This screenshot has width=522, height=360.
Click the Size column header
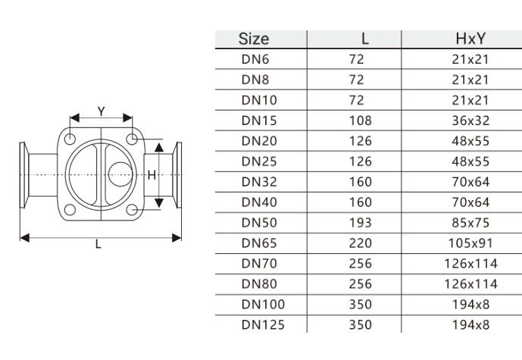click(x=254, y=39)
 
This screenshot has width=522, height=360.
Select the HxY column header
click(x=470, y=39)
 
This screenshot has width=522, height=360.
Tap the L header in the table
click(x=365, y=39)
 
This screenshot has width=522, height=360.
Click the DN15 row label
click(x=259, y=121)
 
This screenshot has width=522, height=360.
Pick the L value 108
click(x=360, y=121)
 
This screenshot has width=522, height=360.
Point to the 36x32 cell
click(x=470, y=121)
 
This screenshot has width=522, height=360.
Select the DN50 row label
click(x=259, y=223)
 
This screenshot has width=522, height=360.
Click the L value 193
click(x=360, y=223)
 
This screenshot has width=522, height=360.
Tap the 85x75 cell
click(x=470, y=223)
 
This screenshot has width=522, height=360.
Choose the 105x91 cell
click(x=470, y=243)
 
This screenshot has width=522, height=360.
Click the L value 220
click(x=360, y=243)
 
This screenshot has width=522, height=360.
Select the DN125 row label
click(x=263, y=324)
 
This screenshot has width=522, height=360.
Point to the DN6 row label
click(x=255, y=59)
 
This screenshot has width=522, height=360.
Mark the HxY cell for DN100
click(x=470, y=305)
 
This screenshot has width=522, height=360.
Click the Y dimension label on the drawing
click(x=102, y=111)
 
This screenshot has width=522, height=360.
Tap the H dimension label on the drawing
click(x=152, y=175)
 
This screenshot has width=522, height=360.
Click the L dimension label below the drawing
click(x=98, y=245)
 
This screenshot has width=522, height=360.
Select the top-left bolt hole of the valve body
click(x=70, y=139)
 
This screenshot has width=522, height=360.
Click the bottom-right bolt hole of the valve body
click(x=132, y=210)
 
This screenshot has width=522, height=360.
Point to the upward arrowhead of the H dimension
click(x=159, y=148)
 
